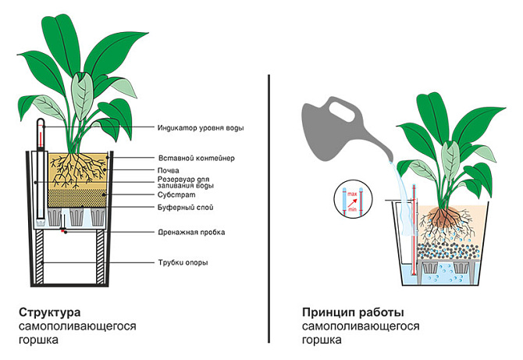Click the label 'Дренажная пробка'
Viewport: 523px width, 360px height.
pos(191,233)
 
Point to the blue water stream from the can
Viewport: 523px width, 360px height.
pos(399,187)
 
